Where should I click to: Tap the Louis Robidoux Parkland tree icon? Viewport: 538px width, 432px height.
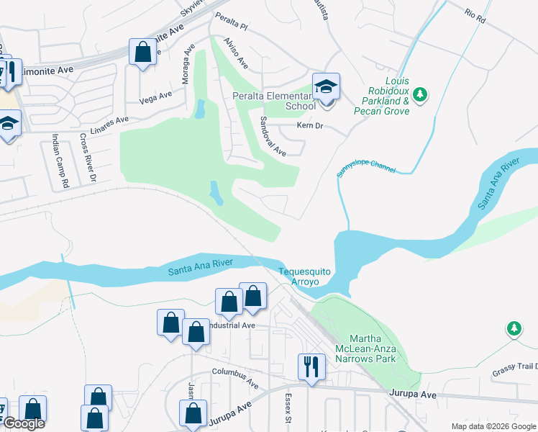[x=421, y=94]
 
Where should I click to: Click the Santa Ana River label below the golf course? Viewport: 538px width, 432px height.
[x=200, y=268]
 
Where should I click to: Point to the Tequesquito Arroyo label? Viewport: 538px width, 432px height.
[x=305, y=276]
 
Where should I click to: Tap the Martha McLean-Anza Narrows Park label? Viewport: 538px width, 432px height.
[x=373, y=348]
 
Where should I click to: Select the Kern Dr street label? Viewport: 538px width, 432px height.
[x=311, y=126]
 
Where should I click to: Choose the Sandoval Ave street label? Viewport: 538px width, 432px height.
[x=273, y=136]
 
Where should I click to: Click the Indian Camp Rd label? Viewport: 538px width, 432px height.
[x=59, y=161]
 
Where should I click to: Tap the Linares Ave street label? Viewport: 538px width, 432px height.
[x=109, y=120]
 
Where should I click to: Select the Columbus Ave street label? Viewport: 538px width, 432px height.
[x=234, y=376]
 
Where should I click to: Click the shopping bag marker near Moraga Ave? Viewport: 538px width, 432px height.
[x=142, y=52]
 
